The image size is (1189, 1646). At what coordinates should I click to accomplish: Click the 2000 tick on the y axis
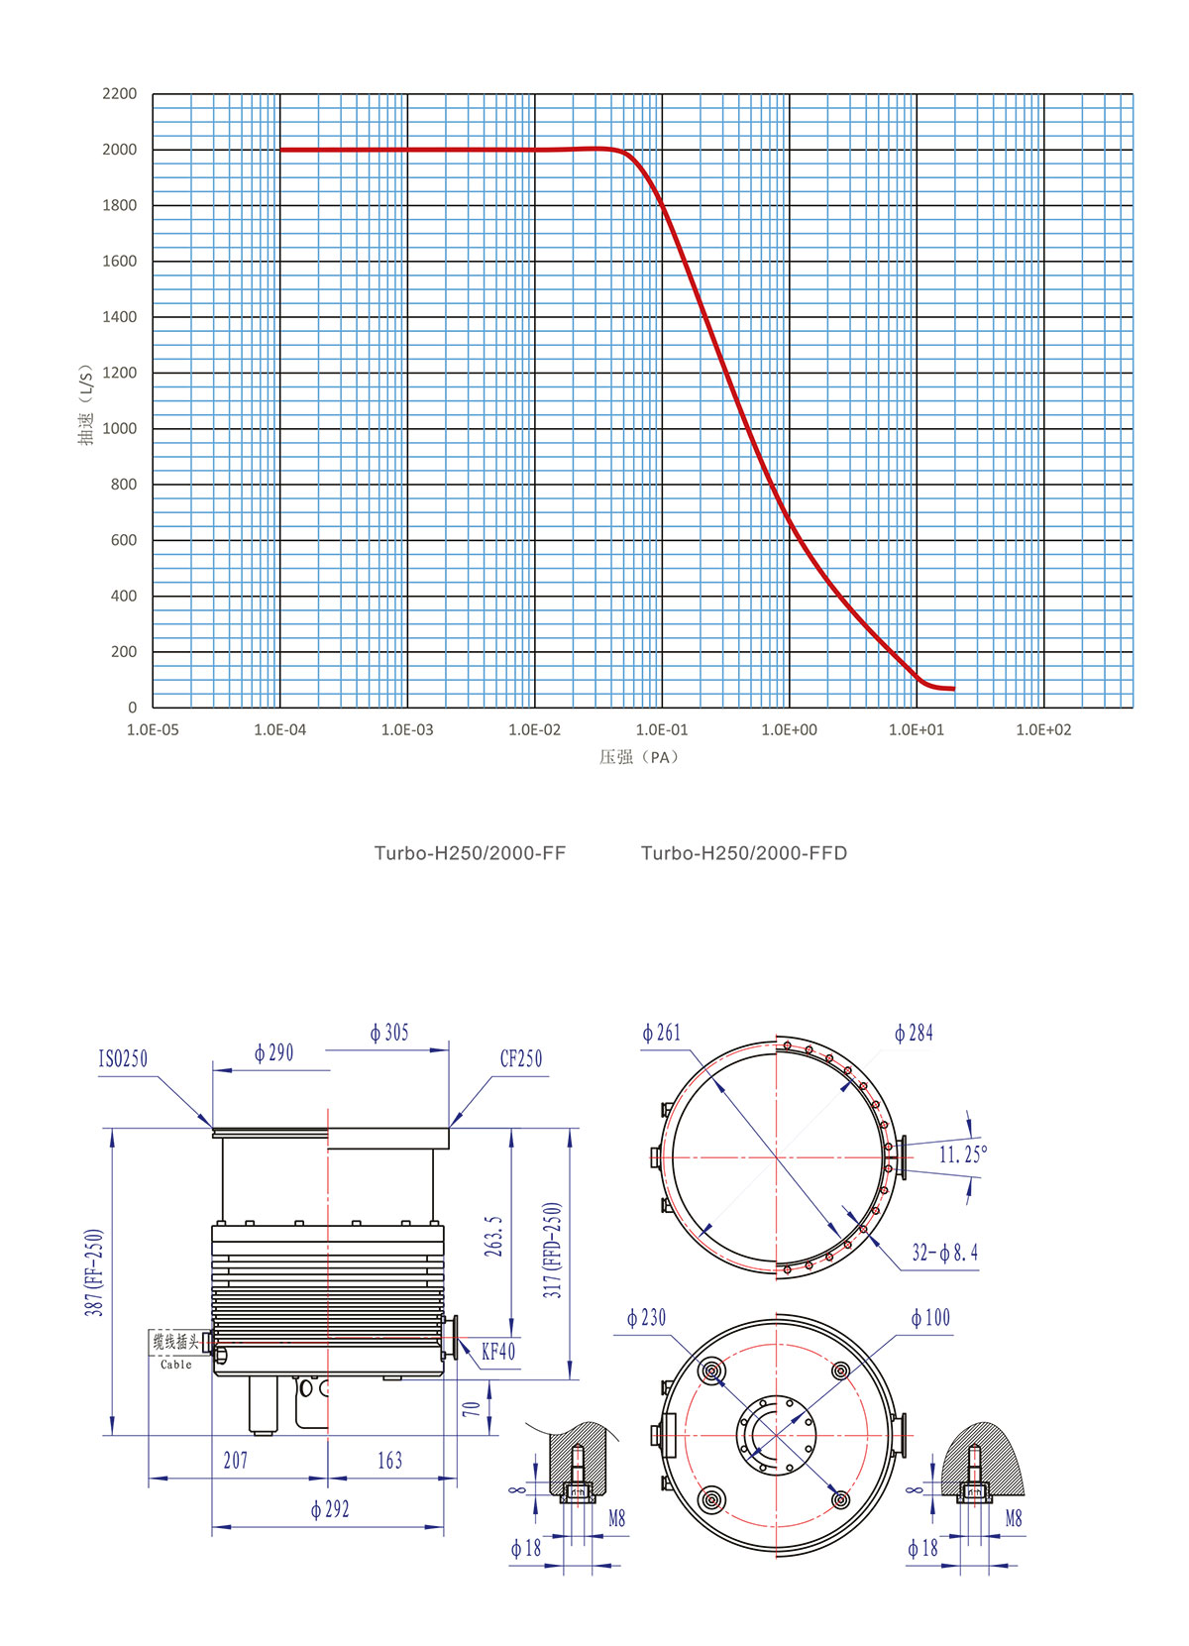pyautogui.click(x=119, y=150)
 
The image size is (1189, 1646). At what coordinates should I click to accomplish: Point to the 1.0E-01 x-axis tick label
pyautogui.click(x=661, y=730)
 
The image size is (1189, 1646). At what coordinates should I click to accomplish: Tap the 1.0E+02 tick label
pyautogui.click(x=1043, y=730)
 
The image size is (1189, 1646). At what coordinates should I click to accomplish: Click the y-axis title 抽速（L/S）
pyautogui.click(x=86, y=404)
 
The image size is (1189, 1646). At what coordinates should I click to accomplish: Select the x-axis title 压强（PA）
pyautogui.click(x=640, y=757)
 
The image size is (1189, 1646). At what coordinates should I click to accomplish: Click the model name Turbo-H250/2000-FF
pyautogui.click(x=470, y=853)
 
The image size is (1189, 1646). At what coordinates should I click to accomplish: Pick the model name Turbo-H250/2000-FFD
pyautogui.click(x=744, y=853)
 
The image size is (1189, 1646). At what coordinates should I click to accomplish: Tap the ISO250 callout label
pyautogui.click(x=123, y=1059)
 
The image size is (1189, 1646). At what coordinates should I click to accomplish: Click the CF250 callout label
pyautogui.click(x=521, y=1059)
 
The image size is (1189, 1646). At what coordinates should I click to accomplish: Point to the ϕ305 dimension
pyautogui.click(x=389, y=1034)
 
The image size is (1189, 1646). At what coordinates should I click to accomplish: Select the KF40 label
pyautogui.click(x=498, y=1352)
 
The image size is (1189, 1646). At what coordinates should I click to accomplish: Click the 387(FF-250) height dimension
pyautogui.click(x=94, y=1272)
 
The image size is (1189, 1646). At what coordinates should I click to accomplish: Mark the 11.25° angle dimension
pyautogui.click(x=962, y=1154)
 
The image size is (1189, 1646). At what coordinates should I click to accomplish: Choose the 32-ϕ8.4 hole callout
pyautogui.click(x=944, y=1254)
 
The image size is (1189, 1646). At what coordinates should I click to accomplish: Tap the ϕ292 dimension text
pyautogui.click(x=330, y=1509)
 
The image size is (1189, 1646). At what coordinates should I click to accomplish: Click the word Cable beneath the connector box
pyautogui.click(x=176, y=1365)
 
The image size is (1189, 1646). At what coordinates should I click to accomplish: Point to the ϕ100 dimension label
pyautogui.click(x=930, y=1318)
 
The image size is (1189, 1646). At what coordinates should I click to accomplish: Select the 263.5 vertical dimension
pyautogui.click(x=493, y=1237)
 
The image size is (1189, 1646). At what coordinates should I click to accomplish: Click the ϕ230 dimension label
pyautogui.click(x=647, y=1318)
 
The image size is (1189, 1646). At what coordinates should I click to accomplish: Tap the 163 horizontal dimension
pyautogui.click(x=389, y=1461)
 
